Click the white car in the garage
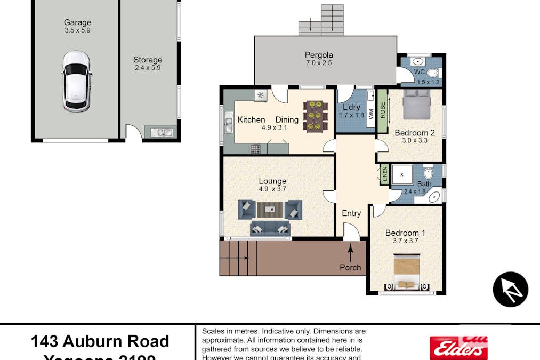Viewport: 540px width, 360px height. pyautogui.click(x=77, y=81)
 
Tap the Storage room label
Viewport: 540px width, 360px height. pyautogui.click(x=148, y=60)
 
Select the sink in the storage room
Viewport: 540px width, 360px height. pyautogui.click(x=160, y=132)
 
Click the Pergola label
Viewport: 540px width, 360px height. pyautogui.click(x=319, y=54)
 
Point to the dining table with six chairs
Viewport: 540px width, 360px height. pyautogui.click(x=315, y=116)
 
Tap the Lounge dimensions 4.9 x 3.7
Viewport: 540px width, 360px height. pyautogui.click(x=272, y=189)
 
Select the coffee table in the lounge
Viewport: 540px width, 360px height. pyautogui.click(x=270, y=210)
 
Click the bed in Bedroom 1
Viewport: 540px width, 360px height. pyautogui.click(x=407, y=272)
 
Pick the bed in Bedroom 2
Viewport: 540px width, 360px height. pyautogui.click(x=416, y=104)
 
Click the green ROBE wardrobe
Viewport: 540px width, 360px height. pyautogui.click(x=382, y=111)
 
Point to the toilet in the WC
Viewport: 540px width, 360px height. pyautogui.click(x=433, y=73)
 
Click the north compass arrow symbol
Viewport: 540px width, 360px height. pyautogui.click(x=510, y=290)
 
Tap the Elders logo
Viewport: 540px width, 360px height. pyautogui.click(x=459, y=347)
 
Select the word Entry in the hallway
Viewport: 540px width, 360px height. pyautogui.click(x=351, y=213)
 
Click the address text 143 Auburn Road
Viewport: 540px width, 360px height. pyautogui.click(x=100, y=341)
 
